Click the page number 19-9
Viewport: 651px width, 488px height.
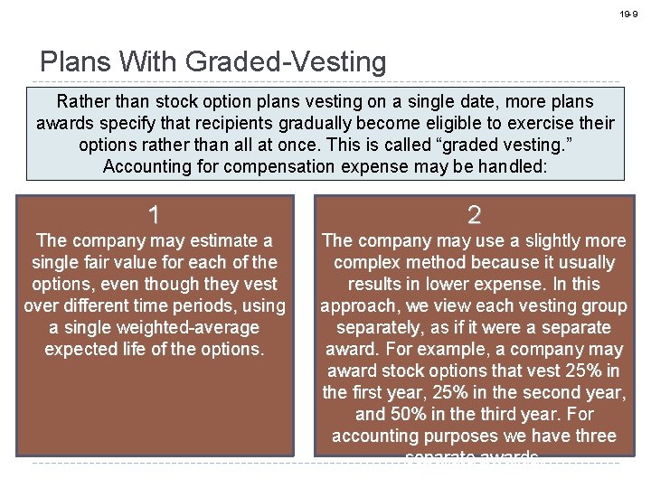click(x=628, y=14)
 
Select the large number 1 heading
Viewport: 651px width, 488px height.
click(x=155, y=215)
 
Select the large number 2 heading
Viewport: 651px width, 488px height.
click(x=474, y=215)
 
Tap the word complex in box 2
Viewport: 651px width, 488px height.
click(x=369, y=262)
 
